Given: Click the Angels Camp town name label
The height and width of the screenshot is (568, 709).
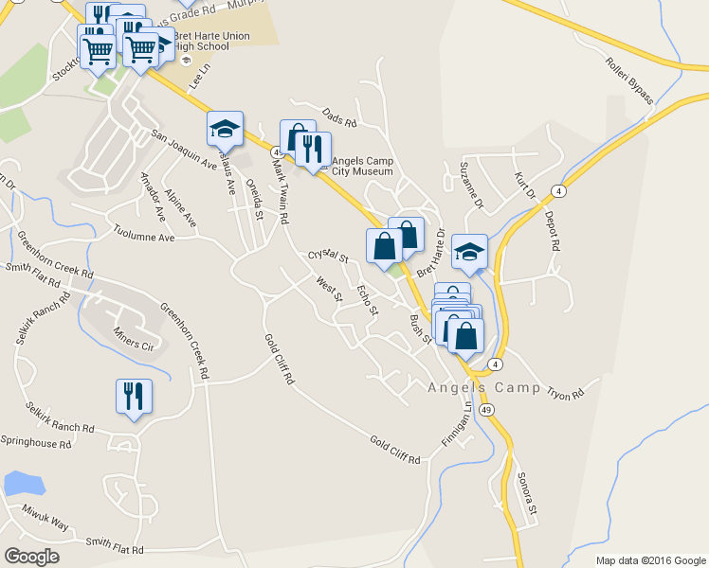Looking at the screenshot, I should coord(483,387).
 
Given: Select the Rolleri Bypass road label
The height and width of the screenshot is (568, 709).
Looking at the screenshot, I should coord(629,80).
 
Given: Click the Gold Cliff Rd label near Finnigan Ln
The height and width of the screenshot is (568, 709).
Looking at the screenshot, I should coord(394,451).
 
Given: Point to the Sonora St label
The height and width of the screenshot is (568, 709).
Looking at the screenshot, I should coord(527,495).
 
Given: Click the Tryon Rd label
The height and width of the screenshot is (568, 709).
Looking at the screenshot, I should coord(565,391).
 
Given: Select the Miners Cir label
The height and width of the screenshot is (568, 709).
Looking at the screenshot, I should coord(133,343).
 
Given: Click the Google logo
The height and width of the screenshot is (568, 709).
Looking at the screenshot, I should coord(31,557).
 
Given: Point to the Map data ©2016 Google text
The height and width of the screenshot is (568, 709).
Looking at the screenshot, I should coord(651,560).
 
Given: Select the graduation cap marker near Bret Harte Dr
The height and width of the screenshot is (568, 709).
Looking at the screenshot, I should coord(469,252).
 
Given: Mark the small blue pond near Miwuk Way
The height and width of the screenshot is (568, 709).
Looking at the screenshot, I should coord(24,483).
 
